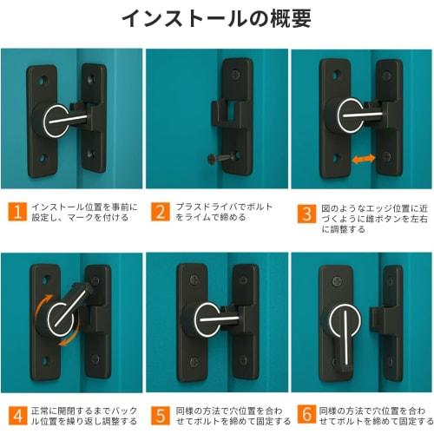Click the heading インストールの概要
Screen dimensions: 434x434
[216, 19]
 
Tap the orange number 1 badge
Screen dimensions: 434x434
[16, 211]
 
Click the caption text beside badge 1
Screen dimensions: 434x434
[80, 212]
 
